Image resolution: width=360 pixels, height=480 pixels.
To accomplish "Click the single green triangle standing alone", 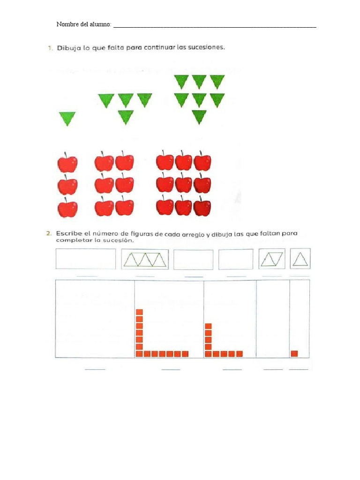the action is [67, 119].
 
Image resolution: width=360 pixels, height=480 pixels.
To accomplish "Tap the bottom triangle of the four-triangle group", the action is [126, 117].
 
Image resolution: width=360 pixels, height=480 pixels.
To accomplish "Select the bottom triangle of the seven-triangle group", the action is [199, 117].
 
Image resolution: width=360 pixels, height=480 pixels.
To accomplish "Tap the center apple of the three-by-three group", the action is [183, 184].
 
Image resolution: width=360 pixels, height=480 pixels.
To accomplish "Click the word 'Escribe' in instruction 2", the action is [69, 233].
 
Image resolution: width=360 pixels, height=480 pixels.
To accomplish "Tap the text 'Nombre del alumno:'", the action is [84, 24].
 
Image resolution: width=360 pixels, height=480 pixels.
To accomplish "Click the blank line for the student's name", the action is [215, 28].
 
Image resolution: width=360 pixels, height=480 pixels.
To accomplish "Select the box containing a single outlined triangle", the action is [300, 259].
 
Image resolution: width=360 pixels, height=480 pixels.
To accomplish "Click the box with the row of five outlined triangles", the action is [145, 259].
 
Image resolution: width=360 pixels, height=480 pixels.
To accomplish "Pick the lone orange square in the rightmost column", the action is [294, 353].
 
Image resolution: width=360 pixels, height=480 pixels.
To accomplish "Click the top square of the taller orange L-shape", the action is [140, 312].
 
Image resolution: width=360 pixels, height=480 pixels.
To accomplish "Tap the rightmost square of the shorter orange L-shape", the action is [240, 354].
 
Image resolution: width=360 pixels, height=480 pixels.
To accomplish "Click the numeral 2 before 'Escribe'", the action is [49, 233].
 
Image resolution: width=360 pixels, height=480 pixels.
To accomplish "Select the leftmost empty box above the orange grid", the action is [86, 259].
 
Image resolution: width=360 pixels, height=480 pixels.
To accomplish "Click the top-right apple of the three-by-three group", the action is [202, 162].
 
